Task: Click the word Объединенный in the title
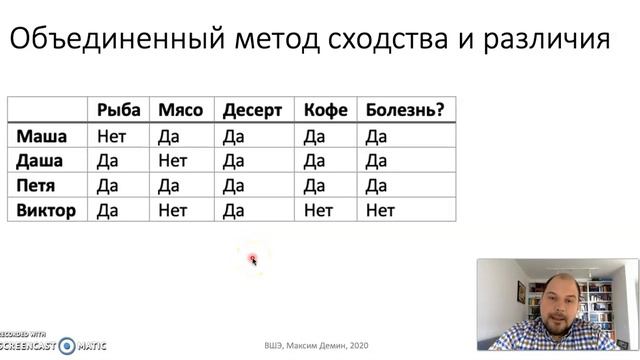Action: tap(101, 40)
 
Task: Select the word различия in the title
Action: tap(548, 40)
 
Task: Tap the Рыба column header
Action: tap(118, 110)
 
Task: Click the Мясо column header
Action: tap(181, 110)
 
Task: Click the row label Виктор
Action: tap(46, 210)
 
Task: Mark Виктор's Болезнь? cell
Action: tap(380, 210)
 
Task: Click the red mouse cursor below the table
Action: tap(253, 261)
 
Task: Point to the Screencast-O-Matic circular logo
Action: tap(67, 345)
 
